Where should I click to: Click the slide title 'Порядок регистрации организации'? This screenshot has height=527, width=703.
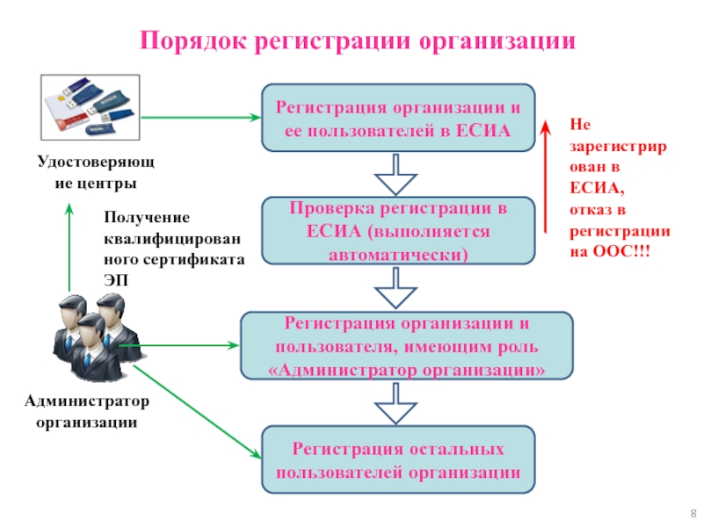tap(359, 41)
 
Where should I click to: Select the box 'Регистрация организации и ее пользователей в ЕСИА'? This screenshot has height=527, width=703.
tap(397, 119)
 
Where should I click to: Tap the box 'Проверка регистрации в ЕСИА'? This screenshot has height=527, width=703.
tap(397, 231)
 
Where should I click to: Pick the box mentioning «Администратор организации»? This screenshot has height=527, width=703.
tap(406, 347)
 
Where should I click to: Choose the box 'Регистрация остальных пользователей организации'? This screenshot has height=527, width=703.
tap(397, 460)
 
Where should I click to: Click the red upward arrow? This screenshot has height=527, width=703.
tap(546, 176)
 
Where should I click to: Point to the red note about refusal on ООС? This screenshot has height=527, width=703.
tap(620, 188)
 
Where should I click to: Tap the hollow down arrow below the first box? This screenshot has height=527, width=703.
tap(397, 175)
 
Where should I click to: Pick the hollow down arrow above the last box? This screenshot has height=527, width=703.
tap(397, 404)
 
